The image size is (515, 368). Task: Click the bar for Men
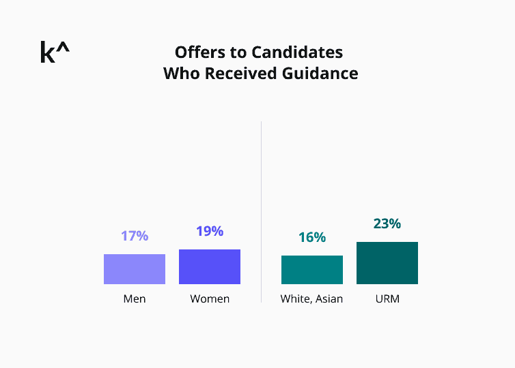pos(135,269)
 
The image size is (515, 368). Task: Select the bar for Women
pos(210,266)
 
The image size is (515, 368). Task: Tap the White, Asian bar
pos(312,270)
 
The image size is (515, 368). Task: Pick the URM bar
pos(387,263)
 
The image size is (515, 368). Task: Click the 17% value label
pos(135,236)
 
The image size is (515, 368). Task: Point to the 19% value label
pos(210,231)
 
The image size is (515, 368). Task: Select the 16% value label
pos(312,237)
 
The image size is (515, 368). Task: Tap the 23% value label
pos(387,224)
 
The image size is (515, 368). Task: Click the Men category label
pos(135,298)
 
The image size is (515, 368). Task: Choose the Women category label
pos(210,298)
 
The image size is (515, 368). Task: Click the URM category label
pos(387,298)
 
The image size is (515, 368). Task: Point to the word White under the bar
pos(295,298)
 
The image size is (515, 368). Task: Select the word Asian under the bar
pos(329,298)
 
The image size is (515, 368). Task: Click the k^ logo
pos(55,52)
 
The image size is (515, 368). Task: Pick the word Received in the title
pos(240,74)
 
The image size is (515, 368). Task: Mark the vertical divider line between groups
pos(261,211)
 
